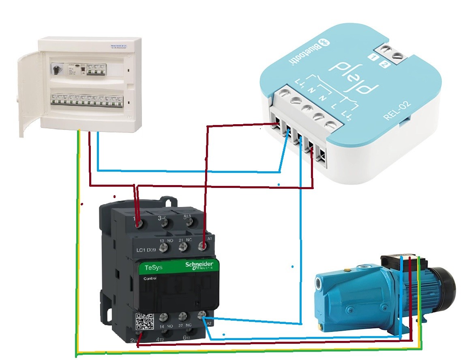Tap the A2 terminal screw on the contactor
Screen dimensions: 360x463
201,315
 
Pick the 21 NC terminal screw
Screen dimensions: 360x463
184,246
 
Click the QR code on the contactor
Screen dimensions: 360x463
145,321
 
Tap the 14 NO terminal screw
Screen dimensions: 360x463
164,316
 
